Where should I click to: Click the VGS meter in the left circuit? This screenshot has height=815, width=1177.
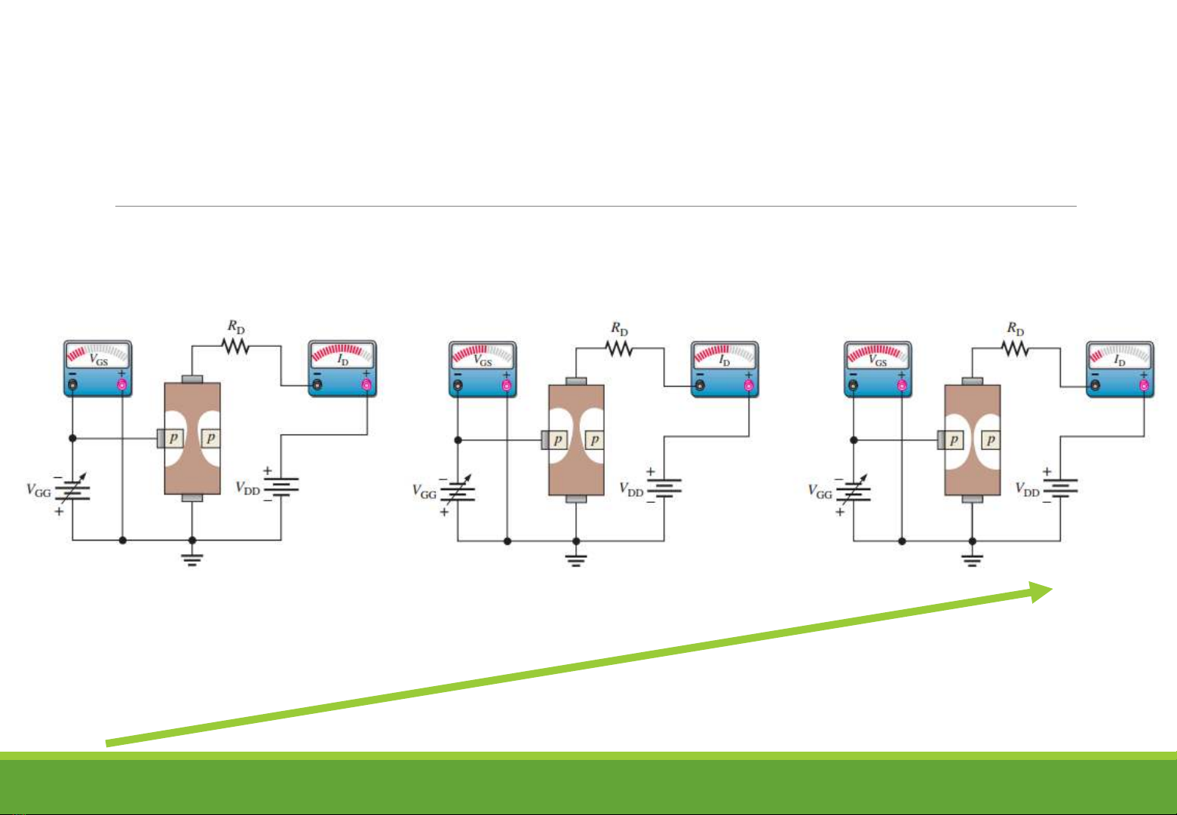point(97,368)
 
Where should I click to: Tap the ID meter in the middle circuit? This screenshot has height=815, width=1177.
point(725,369)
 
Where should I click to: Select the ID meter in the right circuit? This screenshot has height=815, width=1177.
point(1120,369)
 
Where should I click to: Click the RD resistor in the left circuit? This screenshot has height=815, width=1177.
point(234,345)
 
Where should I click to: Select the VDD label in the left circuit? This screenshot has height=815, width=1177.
point(248,489)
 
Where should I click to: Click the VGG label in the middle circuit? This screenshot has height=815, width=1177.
point(424,493)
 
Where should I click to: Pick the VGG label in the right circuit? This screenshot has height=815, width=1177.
point(820,493)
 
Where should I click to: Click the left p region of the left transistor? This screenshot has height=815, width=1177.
point(173,438)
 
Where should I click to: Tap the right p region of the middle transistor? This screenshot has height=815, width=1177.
point(595,440)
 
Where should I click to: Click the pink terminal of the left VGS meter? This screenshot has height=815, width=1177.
point(122,385)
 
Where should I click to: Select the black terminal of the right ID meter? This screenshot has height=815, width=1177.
point(1096,386)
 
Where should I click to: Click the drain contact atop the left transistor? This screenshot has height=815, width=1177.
point(192,378)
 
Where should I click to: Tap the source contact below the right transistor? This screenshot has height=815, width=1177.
point(973,499)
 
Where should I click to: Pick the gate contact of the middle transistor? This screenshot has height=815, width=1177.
point(545,440)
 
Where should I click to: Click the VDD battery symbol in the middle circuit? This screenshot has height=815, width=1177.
point(664,486)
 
